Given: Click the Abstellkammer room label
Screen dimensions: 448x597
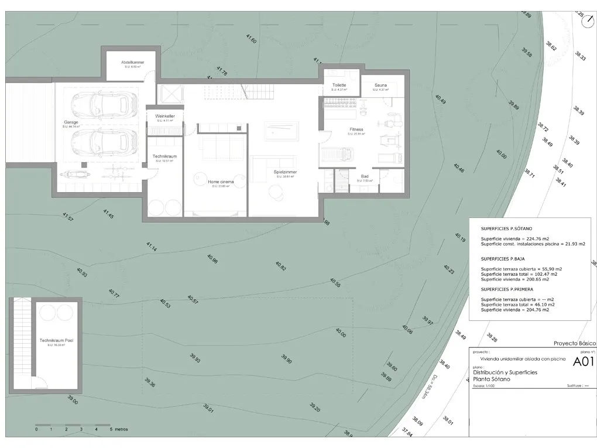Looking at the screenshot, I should coord(133,62).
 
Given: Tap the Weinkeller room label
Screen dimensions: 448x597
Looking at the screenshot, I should coord(165,117).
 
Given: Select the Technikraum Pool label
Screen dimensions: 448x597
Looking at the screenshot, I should coord(56,340).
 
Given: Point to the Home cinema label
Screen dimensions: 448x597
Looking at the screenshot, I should coord(221,182).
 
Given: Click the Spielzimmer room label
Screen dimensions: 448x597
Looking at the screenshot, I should coord(285,172).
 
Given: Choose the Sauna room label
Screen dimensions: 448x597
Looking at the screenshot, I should coord(380,85).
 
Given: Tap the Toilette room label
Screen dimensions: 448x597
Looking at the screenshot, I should coord(339,85).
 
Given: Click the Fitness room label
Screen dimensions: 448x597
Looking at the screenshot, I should coord(356,129).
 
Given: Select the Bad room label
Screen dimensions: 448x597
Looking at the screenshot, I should coord(364,176).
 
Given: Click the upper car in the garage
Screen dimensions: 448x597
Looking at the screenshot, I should coord(99,105).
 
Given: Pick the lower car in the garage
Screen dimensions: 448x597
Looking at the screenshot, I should coord(99,141).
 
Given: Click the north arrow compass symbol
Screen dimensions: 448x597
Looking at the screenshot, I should coord(588,22).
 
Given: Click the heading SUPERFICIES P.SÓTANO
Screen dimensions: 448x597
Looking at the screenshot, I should coord(507,229).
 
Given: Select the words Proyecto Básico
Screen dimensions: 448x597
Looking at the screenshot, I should coord(574,343).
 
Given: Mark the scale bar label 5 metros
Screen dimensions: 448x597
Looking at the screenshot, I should coord(119,429).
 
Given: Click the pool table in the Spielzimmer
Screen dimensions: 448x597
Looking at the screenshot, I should coord(280,131).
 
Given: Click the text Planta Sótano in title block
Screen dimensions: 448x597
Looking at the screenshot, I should coord(492,379).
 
